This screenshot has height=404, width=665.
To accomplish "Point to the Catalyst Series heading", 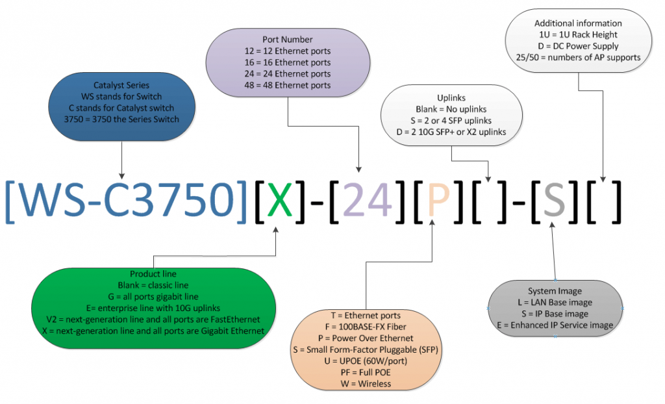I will pyautogui.click(x=121, y=85).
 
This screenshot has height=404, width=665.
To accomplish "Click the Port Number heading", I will pyautogui.click(x=287, y=40).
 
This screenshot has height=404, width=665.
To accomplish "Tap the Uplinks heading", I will pyautogui.click(x=451, y=97).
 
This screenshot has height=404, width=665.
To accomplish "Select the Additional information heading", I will pyautogui.click(x=578, y=23).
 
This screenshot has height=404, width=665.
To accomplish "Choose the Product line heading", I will pyautogui.click(x=153, y=273).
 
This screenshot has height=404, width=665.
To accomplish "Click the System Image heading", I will pyautogui.click(x=555, y=291).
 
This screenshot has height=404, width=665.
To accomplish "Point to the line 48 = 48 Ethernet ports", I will pyautogui.click(x=288, y=85).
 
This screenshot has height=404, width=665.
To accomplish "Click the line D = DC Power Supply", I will pyautogui.click(x=578, y=45).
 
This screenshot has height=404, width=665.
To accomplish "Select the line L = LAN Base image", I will pyautogui.click(x=555, y=302).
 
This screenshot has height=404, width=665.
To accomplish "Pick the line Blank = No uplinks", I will pyautogui.click(x=451, y=109).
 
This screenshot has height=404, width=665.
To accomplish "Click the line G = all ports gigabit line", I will pyautogui.click(x=153, y=296).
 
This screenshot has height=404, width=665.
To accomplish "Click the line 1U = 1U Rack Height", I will pyautogui.click(x=578, y=34).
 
